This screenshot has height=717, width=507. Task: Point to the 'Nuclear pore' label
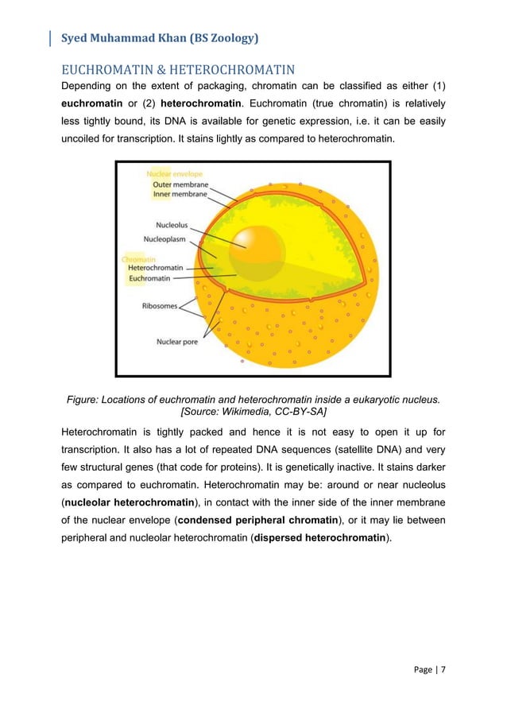(x=176, y=343)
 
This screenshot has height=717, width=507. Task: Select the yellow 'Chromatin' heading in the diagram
(x=139, y=258)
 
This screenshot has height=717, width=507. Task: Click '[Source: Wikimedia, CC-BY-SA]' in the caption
(x=253, y=412)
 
